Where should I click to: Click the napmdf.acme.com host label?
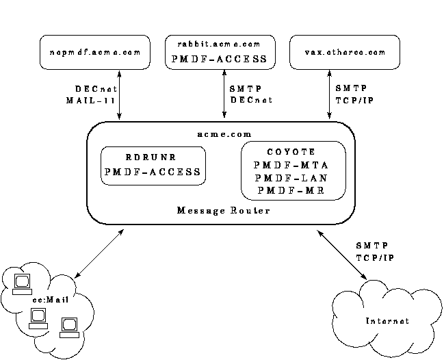[x=95, y=52]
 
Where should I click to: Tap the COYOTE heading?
[x=292, y=152]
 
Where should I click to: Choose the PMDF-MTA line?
[x=292, y=165]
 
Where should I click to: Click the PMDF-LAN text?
[x=292, y=177]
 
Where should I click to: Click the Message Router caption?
[x=223, y=210]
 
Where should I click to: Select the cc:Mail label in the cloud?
[x=45, y=299]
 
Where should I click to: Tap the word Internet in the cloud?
[x=387, y=321]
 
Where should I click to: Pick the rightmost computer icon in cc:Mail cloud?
[x=68, y=326]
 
